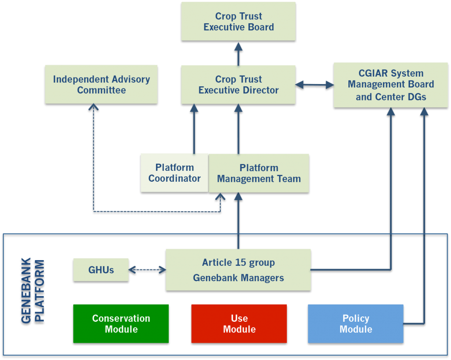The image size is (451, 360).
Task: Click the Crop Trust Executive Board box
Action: tap(238, 22)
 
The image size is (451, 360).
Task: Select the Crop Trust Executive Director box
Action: tap(238, 85)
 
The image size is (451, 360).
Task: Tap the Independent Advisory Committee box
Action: tap(101, 85)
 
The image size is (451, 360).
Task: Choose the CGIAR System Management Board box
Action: tap(391, 85)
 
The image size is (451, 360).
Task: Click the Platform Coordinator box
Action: tap(174, 173)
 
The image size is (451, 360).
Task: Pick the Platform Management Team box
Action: tap(259, 173)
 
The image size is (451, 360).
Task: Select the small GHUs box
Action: tap(101, 270)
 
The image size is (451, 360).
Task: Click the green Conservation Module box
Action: tap(121, 324)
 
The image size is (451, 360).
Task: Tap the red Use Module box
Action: tap(239, 324)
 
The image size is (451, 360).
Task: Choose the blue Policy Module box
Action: tap(356, 324)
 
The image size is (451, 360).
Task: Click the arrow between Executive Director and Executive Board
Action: tap(238, 54)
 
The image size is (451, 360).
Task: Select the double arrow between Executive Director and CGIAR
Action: tap(314, 85)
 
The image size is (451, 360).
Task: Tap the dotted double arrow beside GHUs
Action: tap(147, 270)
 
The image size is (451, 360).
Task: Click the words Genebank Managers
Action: tap(238, 278)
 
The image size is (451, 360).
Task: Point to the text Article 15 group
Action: tap(238, 263)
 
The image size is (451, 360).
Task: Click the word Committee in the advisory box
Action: tap(101, 91)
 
